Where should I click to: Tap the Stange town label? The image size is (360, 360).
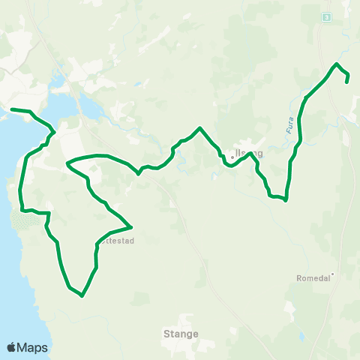pyautogui.click(x=181, y=334)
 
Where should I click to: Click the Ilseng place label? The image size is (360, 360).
pyautogui.click(x=250, y=154)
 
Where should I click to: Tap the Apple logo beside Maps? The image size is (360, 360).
pyautogui.click(x=12, y=347)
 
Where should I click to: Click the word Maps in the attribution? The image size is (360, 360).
pyautogui.click(x=33, y=347)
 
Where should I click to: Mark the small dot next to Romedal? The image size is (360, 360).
pyautogui.click(x=332, y=274)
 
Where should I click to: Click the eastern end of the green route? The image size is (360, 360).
pyautogui.click(x=347, y=81)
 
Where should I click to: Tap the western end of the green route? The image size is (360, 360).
pyautogui.click(x=10, y=109)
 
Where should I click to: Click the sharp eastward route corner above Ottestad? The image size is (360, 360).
pyautogui.click(x=132, y=226)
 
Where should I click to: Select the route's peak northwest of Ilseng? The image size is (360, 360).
pyautogui.click(x=199, y=128)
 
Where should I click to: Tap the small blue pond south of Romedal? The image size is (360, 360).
pyautogui.click(x=289, y=306)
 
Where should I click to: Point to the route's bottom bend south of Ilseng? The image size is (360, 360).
pyautogui.click(x=286, y=200)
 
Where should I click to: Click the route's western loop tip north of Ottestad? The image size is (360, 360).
pyautogui.click(x=67, y=162)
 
